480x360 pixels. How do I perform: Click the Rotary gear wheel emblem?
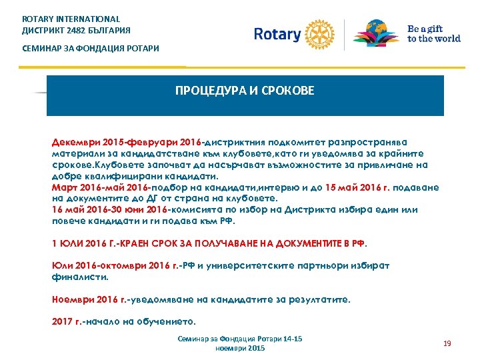point(318,33)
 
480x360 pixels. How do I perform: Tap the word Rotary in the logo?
point(277,34)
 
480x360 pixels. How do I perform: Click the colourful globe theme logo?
point(377,33)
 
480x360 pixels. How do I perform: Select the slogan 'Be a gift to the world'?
point(433,34)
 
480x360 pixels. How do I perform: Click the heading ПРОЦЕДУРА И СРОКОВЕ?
point(245,90)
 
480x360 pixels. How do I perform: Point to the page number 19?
point(447,343)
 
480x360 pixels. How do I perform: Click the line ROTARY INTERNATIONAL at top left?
point(71,19)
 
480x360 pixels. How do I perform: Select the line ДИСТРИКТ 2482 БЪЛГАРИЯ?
point(77,31)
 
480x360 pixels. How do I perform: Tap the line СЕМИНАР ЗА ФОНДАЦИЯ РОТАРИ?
point(91,49)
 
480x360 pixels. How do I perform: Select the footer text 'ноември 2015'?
point(240,349)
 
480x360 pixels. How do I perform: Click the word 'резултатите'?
point(317,299)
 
